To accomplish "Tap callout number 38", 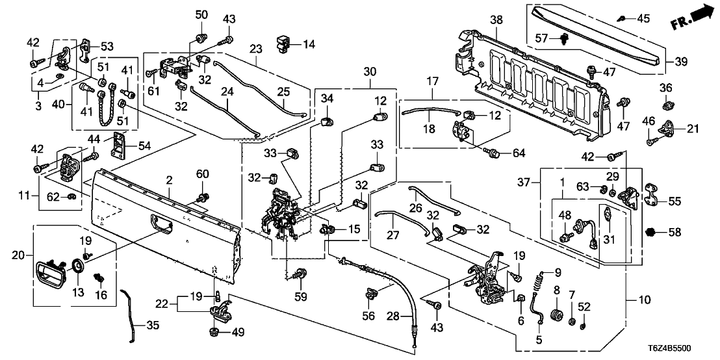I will [x=496, y=21].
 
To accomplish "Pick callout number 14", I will [x=308, y=44].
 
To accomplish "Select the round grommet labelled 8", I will [x=555, y=316].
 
